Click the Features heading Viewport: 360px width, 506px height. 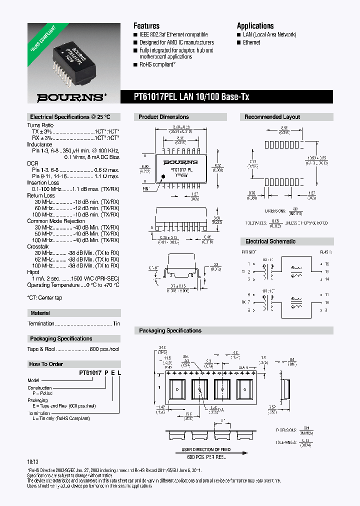tap(146, 25)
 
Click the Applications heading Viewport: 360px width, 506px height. tap(255, 25)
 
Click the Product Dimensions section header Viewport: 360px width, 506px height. tap(164, 116)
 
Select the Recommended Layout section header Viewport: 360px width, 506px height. tap(272, 116)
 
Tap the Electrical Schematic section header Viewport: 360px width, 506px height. tap(270, 241)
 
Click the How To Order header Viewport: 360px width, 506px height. tap(46, 364)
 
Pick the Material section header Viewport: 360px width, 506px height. tap(40, 313)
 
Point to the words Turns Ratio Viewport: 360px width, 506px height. tap(40, 124)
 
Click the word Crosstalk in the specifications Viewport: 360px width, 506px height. tap(38, 246)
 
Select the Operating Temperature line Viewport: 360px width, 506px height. tap(73, 285)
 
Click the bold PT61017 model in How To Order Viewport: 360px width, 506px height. tap(90, 372)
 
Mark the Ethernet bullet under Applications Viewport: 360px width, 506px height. tap(251, 42)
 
